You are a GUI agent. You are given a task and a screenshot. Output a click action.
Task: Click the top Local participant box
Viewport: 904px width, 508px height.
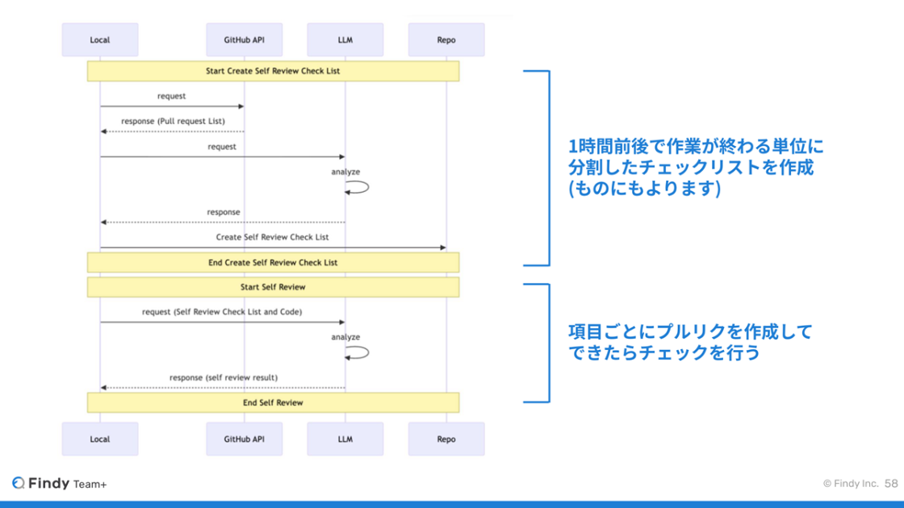(x=100, y=40)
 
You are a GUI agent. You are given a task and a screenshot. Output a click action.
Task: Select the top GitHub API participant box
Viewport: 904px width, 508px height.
(x=245, y=40)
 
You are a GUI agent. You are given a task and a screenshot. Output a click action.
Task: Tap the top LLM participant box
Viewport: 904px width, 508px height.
(x=345, y=40)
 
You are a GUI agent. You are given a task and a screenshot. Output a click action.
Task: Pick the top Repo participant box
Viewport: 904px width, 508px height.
(x=446, y=40)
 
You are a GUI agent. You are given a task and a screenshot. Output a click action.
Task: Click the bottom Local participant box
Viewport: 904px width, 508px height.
(x=100, y=439)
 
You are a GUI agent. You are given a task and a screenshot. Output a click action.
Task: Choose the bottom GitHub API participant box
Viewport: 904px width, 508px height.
(x=245, y=439)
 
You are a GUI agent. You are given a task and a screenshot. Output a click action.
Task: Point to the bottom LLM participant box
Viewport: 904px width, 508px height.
(x=345, y=439)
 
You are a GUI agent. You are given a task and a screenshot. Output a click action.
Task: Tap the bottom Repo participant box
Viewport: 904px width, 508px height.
(x=446, y=439)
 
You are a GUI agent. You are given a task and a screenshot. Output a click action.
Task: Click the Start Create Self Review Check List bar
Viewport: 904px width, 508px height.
(x=274, y=71)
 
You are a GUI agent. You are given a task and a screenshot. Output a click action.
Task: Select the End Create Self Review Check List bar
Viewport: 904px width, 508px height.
(x=274, y=263)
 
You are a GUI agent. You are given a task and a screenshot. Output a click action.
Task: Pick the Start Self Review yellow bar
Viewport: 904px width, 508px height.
(x=274, y=287)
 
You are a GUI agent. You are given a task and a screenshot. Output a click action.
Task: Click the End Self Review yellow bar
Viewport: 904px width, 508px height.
(x=274, y=402)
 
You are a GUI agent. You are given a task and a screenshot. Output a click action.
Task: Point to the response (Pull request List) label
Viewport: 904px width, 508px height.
(x=173, y=121)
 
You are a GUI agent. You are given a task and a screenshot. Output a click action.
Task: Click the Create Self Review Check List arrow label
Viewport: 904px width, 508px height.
(x=272, y=237)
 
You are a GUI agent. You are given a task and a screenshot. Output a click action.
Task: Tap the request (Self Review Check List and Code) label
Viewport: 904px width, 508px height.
(x=222, y=311)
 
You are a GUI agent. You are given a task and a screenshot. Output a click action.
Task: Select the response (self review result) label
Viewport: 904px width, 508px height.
(x=224, y=377)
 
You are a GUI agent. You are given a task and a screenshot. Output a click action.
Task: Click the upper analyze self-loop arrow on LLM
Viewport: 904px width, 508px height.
(x=368, y=187)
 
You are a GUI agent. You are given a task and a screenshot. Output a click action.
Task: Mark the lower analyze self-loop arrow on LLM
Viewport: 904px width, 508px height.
(x=368, y=352)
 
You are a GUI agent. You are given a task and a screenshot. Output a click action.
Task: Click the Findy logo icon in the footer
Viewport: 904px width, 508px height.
(x=19, y=483)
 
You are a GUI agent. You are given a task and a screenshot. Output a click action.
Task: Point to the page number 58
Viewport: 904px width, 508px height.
(x=891, y=483)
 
